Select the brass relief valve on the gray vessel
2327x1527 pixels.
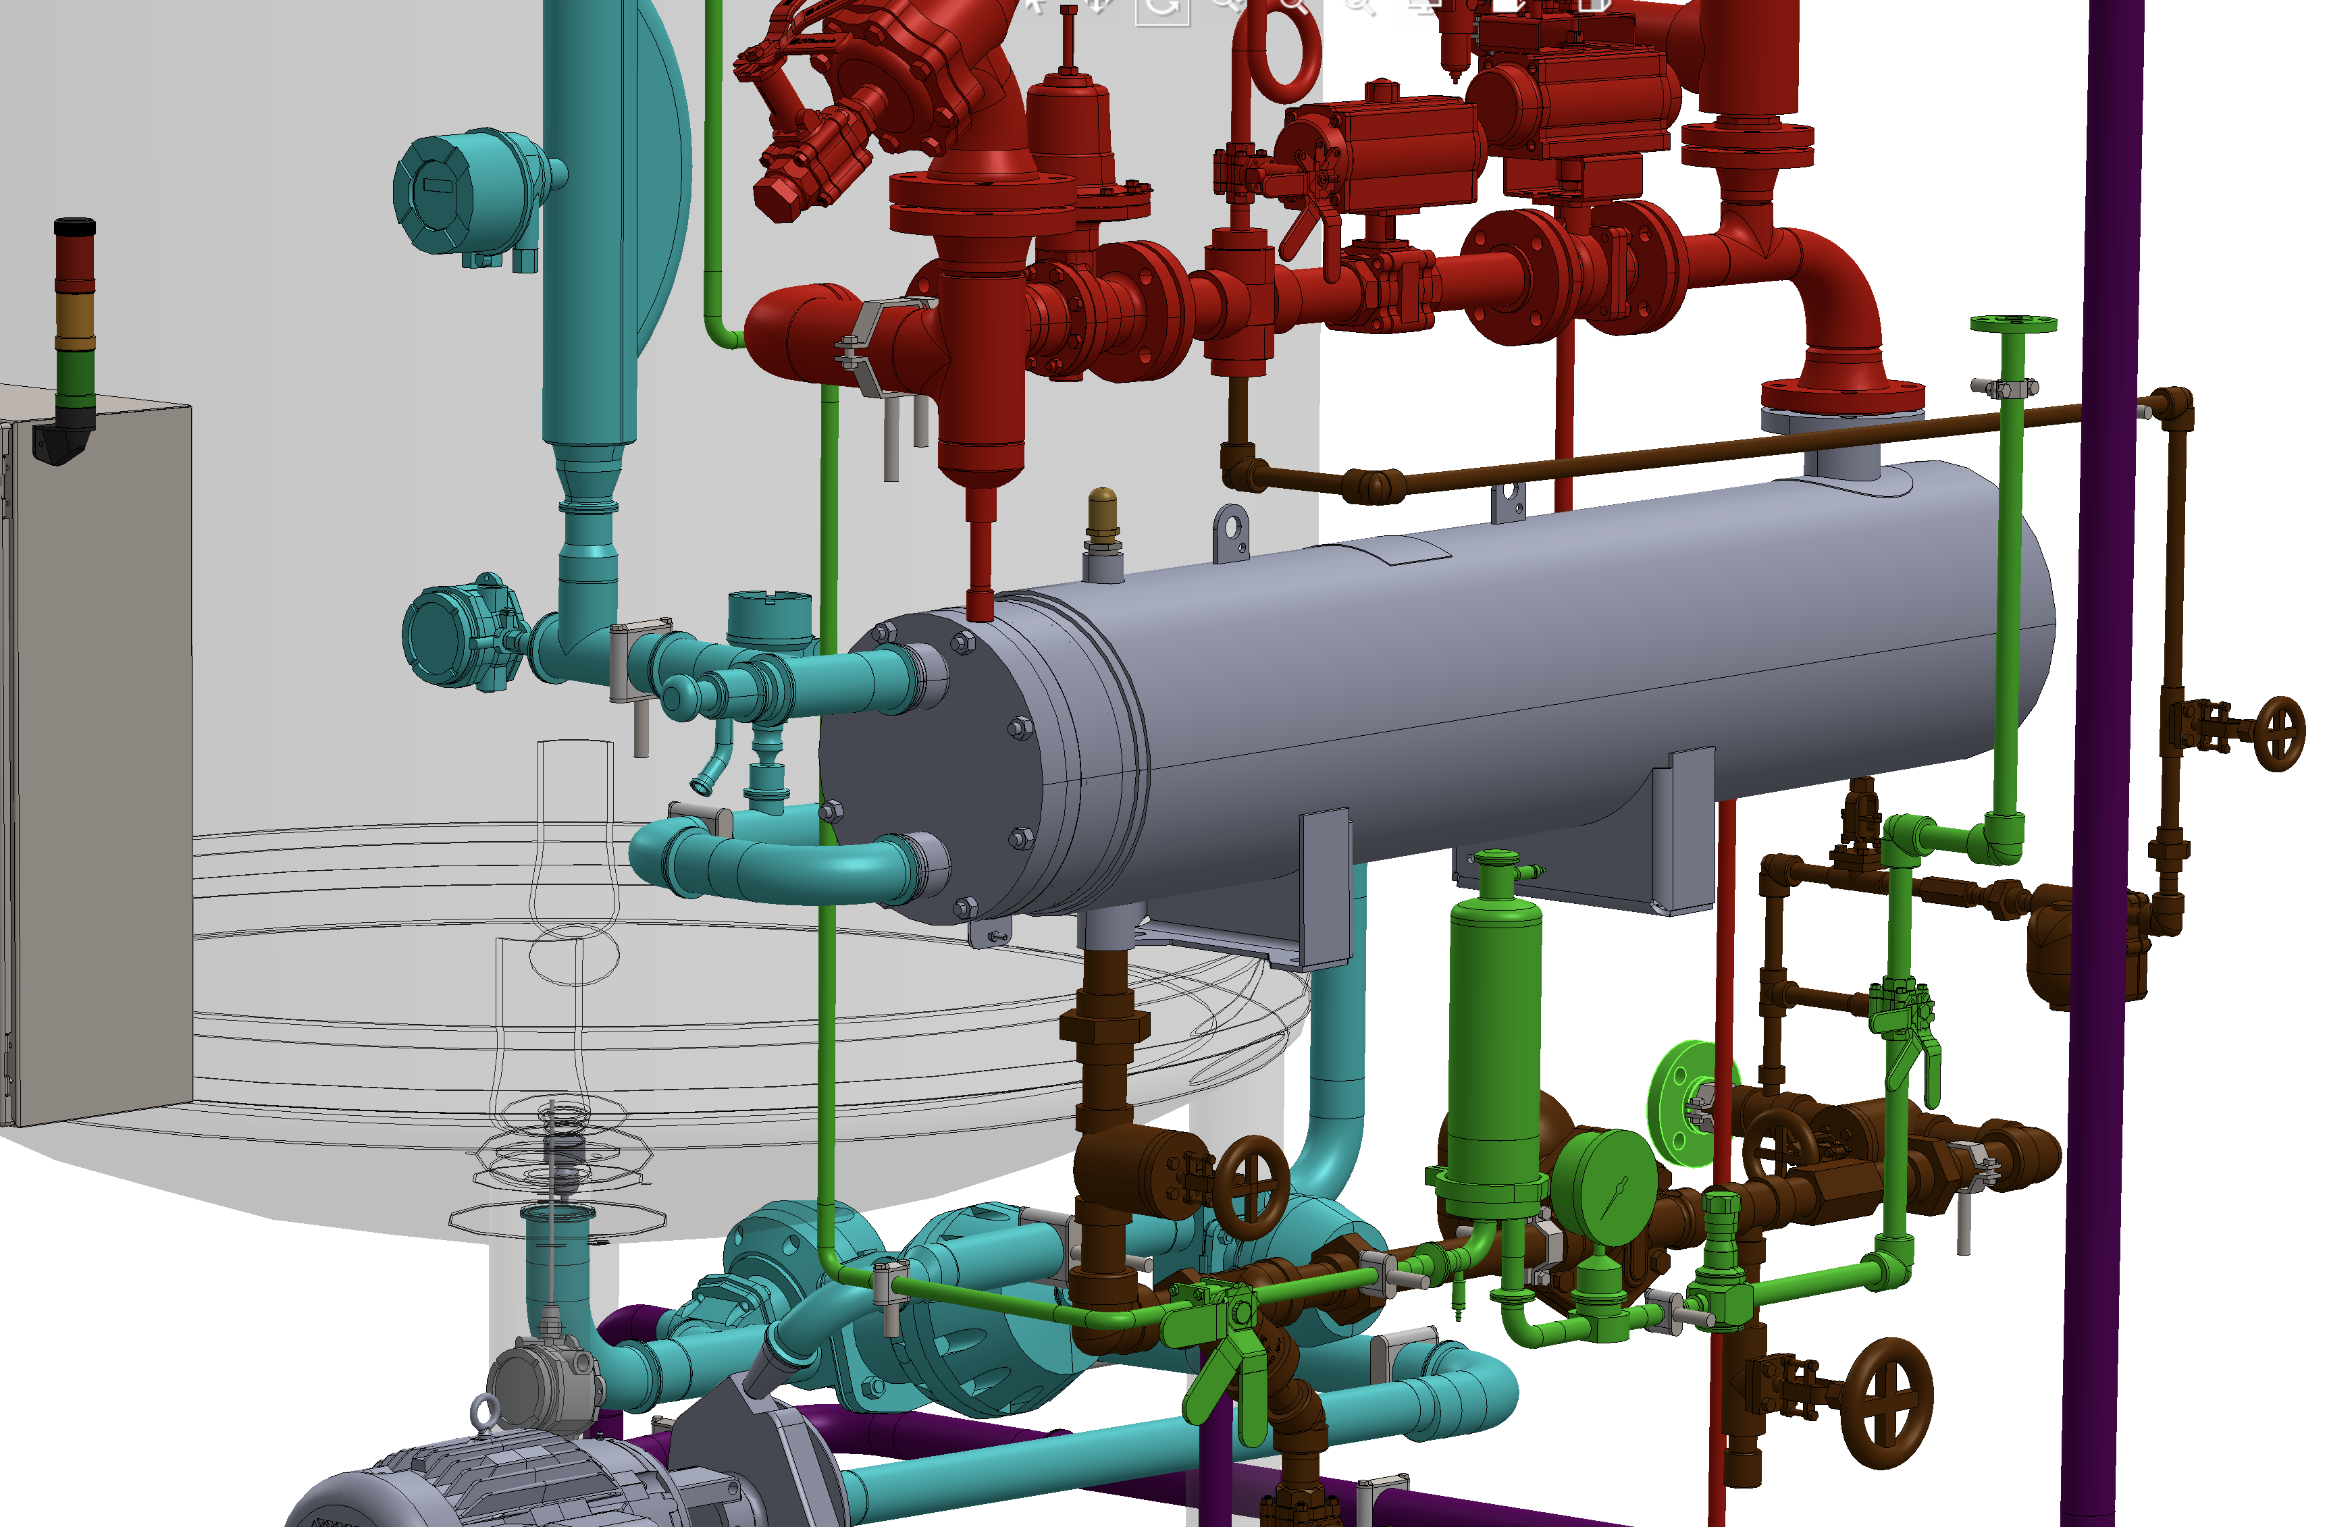point(1102,512)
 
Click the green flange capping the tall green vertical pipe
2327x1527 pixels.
point(2012,323)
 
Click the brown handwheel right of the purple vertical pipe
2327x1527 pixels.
point(2279,733)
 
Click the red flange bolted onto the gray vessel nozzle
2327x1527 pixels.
point(1842,395)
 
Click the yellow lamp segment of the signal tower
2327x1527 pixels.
point(75,318)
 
